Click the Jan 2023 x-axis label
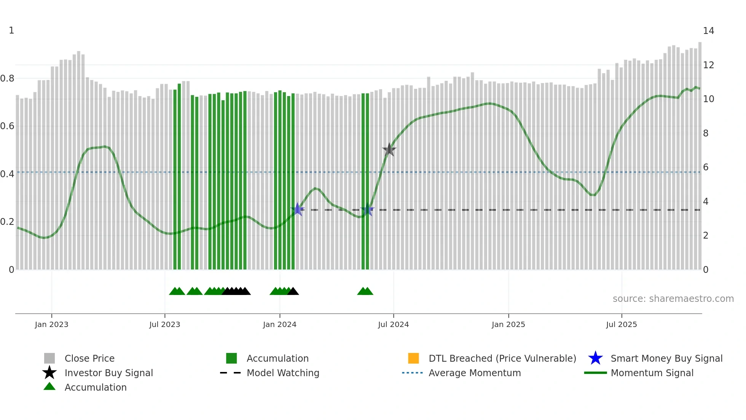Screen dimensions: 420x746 pos(51,325)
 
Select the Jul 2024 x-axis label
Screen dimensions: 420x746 pos(393,325)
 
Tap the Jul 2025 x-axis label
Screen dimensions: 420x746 pos(621,325)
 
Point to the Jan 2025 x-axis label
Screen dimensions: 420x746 pos(508,325)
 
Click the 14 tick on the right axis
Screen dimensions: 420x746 pos(708,31)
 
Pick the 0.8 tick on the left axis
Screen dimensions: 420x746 pos(7,79)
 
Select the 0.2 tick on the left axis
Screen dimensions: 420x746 pos(7,222)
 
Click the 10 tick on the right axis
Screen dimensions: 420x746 pos(708,99)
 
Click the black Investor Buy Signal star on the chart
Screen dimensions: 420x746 pos(389,150)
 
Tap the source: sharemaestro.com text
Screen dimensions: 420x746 pos(673,299)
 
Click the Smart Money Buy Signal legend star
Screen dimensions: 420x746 pos(595,358)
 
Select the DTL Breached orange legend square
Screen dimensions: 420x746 pos(413,358)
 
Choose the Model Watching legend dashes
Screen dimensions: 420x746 pos(231,373)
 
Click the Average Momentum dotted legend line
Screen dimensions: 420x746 pos(412,373)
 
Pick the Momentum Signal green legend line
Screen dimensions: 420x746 pos(595,373)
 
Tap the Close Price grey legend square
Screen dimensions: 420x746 pos(49,358)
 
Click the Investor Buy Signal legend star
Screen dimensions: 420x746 pos(49,373)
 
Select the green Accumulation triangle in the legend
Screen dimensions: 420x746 pos(49,386)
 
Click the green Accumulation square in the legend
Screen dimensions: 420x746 pos(231,358)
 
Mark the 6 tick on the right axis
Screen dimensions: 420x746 pos(706,167)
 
